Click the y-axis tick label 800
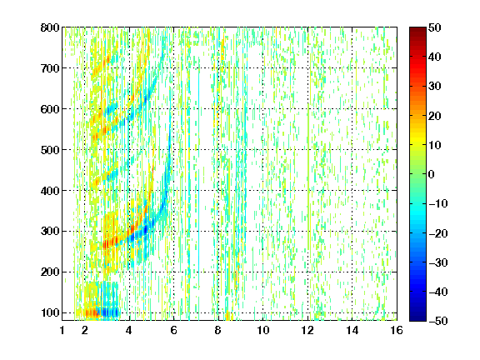(50, 27)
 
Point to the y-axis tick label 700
(50, 68)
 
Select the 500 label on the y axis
(50, 150)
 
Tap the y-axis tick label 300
(50, 232)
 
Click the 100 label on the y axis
(50, 312)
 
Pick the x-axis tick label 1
(62, 330)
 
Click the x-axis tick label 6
(173, 330)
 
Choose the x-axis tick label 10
(262, 330)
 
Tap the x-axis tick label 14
(352, 330)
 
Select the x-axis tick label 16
(397, 330)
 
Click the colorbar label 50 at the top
(434, 27)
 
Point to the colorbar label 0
(432, 174)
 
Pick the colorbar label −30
(438, 262)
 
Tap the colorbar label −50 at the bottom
(438, 321)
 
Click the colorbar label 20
(434, 116)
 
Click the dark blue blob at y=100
(107, 312)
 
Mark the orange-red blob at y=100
(92, 312)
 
